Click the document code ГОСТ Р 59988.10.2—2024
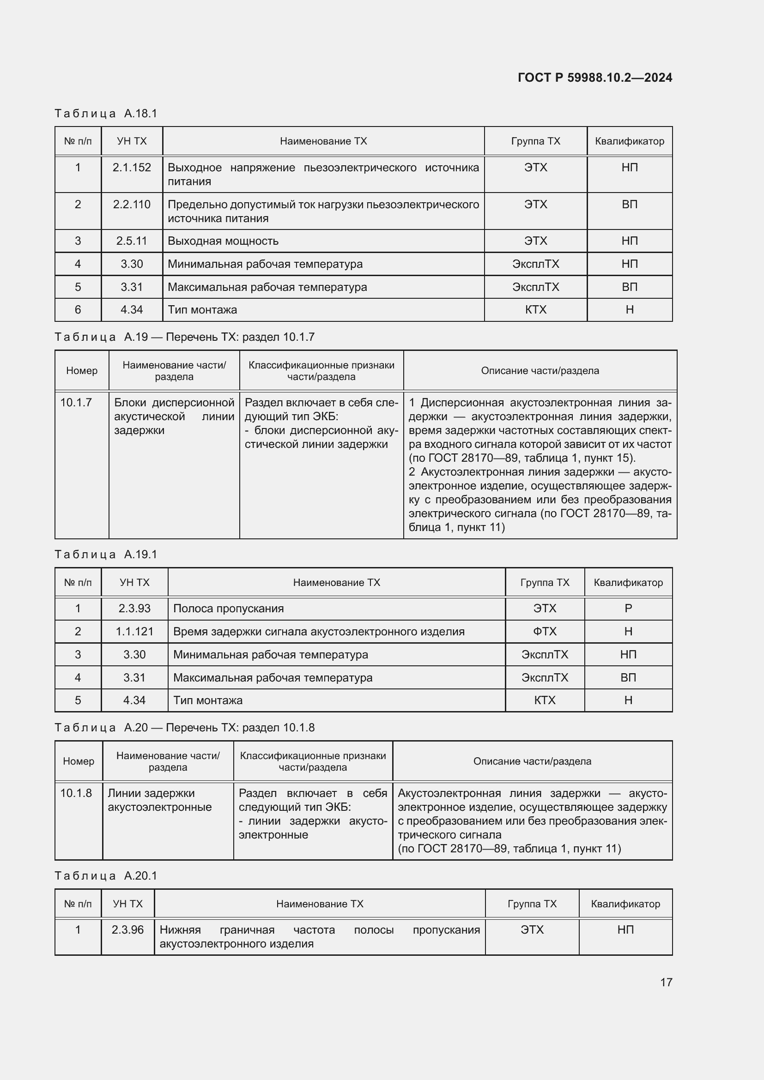click(594, 78)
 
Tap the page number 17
click(666, 982)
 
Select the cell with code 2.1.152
click(132, 168)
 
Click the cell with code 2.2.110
click(132, 205)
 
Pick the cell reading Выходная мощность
click(223, 241)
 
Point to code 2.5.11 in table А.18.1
click(132, 241)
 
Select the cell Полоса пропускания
click(229, 608)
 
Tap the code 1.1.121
click(134, 631)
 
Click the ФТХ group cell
click(545, 631)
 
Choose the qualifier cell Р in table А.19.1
click(628, 608)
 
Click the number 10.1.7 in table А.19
click(76, 403)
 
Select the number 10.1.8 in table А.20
click(76, 793)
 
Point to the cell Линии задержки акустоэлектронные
click(159, 800)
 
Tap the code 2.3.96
click(127, 929)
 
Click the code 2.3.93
click(134, 608)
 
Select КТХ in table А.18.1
click(535, 309)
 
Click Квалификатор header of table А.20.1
click(625, 904)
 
